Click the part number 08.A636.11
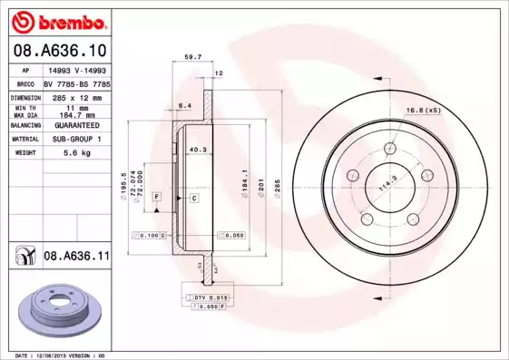point(76,257)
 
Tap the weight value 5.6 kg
point(75,153)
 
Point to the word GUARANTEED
point(75,126)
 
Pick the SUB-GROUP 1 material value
point(75,140)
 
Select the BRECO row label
point(26,83)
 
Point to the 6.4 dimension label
point(185,106)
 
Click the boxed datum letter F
point(156,196)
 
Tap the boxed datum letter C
point(194,196)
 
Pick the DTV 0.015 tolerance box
point(208,297)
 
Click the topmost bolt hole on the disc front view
point(391,150)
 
